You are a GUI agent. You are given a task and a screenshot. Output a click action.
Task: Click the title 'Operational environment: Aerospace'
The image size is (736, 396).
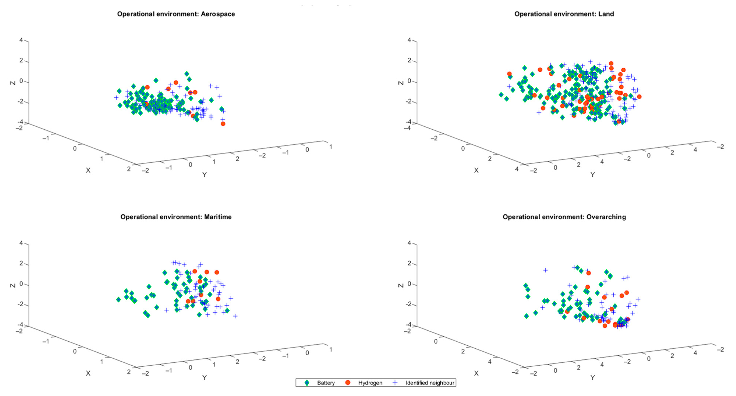(x=176, y=14)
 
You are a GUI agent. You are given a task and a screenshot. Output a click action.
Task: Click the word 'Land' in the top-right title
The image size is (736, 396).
(x=606, y=14)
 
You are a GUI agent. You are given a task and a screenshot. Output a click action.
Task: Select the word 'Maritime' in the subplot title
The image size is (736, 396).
(x=218, y=217)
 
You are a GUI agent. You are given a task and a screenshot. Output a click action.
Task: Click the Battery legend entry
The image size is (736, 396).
(x=325, y=383)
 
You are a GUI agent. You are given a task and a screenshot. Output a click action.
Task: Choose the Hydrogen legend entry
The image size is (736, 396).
(x=370, y=383)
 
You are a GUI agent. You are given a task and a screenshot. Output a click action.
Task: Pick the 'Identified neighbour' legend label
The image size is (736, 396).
(x=430, y=383)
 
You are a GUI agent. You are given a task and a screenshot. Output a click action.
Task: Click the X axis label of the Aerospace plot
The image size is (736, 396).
(x=88, y=171)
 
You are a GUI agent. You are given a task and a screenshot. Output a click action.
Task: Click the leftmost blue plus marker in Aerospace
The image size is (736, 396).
(x=116, y=98)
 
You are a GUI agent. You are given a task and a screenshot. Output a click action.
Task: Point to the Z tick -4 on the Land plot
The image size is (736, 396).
(x=409, y=122)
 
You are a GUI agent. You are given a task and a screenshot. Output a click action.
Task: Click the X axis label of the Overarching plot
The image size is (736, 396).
(x=476, y=373)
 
